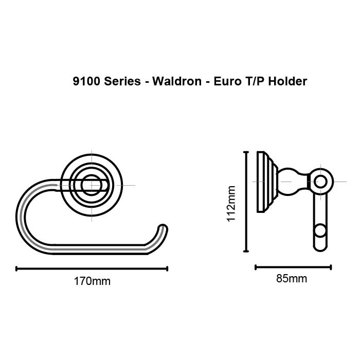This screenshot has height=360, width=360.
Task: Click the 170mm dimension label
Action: pyautogui.click(x=93, y=281)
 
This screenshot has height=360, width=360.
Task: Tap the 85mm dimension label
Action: pyautogui.click(x=292, y=279)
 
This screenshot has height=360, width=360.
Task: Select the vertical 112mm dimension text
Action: pyautogui.click(x=231, y=203)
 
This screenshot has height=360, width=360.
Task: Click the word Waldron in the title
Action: pyautogui.click(x=172, y=81)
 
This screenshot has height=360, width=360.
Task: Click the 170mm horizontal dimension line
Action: pyautogui.click(x=93, y=268)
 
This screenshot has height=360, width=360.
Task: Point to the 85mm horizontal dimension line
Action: pyautogui.click(x=293, y=267)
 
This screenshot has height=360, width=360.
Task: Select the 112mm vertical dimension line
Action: pyautogui.click(x=246, y=202)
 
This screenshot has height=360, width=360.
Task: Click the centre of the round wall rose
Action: pyautogui.click(x=92, y=185)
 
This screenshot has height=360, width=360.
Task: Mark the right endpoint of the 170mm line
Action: pyautogui.click(x=167, y=268)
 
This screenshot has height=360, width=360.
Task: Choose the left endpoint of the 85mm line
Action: pyautogui.click(x=256, y=267)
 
